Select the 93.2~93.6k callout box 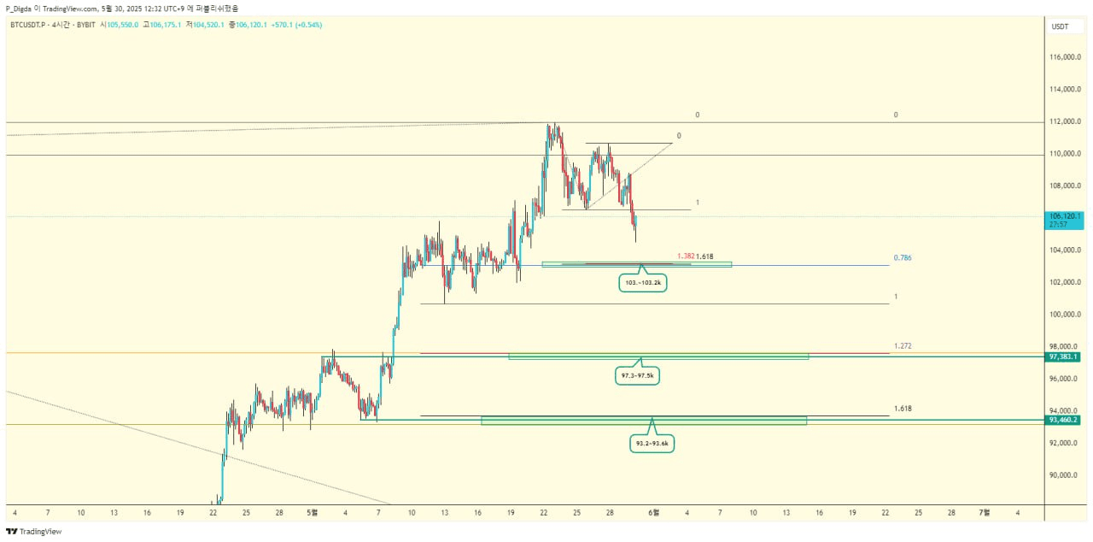pyautogui.click(x=652, y=444)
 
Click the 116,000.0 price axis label pyautogui.click(x=1066, y=57)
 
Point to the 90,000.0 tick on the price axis pyautogui.click(x=1066, y=475)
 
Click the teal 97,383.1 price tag pyautogui.click(x=1064, y=356)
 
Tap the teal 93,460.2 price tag pyautogui.click(x=1064, y=420)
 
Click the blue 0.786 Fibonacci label pyautogui.click(x=903, y=257)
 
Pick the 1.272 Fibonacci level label pyautogui.click(x=903, y=346)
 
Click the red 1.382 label pyautogui.click(x=685, y=256)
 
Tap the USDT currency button pyautogui.click(x=1060, y=27)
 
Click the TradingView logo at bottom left pyautogui.click(x=33, y=532)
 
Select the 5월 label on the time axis pyautogui.click(x=312, y=512)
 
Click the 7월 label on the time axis pyautogui.click(x=984, y=512)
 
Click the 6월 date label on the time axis pyautogui.click(x=654, y=512)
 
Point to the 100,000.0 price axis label pyautogui.click(x=1066, y=315)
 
